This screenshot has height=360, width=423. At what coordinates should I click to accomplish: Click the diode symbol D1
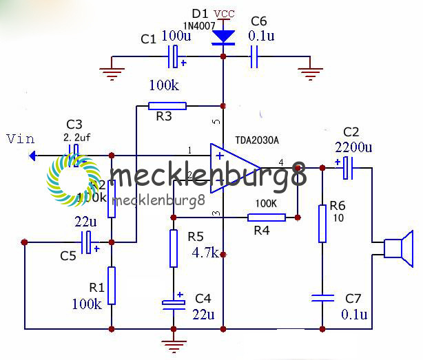(x=223, y=36)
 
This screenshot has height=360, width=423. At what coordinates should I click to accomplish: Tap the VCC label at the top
(x=224, y=14)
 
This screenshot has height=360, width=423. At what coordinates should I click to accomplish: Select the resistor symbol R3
(x=167, y=106)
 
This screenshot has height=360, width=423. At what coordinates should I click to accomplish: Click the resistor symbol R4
(x=267, y=218)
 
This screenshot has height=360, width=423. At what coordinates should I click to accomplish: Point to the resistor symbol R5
(x=172, y=248)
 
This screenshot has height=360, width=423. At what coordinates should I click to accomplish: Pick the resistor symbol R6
(x=322, y=224)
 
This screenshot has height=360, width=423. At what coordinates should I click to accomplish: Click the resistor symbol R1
(x=112, y=286)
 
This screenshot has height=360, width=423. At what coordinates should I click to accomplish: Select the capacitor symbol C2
(x=347, y=167)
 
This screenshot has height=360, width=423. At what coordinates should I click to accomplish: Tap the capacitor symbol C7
(x=322, y=298)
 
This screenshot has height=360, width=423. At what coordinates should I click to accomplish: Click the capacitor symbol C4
(x=172, y=302)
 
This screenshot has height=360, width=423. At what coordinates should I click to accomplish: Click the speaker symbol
(x=398, y=250)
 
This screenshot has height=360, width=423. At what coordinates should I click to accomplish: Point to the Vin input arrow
(x=33, y=156)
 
